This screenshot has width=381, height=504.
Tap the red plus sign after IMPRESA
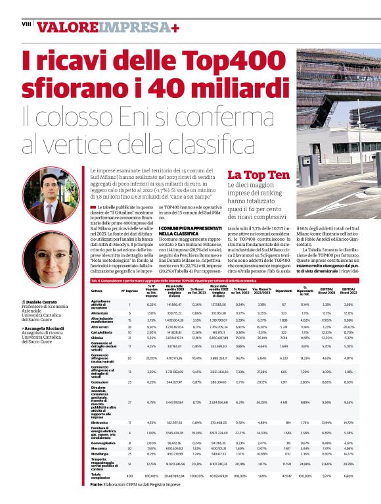175,28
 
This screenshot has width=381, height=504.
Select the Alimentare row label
101,313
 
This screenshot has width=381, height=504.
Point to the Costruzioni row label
101,382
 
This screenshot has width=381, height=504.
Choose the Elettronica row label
101,422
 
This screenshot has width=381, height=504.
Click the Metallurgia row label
101,453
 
